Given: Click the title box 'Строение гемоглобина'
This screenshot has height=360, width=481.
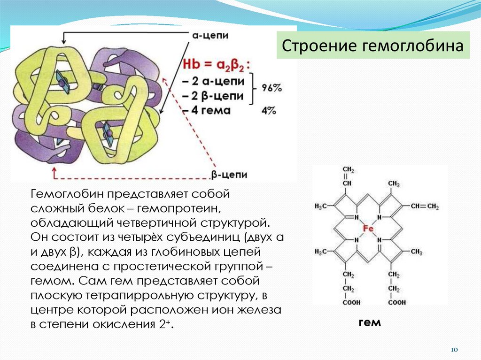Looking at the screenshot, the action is [x=373, y=46].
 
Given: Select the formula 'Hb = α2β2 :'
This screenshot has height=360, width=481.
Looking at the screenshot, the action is [x=217, y=65].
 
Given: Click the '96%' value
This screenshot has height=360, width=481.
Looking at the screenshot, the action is [x=272, y=87].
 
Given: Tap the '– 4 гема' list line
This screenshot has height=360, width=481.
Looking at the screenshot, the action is [x=206, y=111].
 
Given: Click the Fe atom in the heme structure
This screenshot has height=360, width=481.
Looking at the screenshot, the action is [x=367, y=229].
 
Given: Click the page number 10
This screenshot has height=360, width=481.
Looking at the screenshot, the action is [x=454, y=350].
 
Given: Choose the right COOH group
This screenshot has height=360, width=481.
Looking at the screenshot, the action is [x=397, y=303].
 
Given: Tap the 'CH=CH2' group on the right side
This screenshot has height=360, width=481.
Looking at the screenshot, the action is [x=424, y=207].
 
